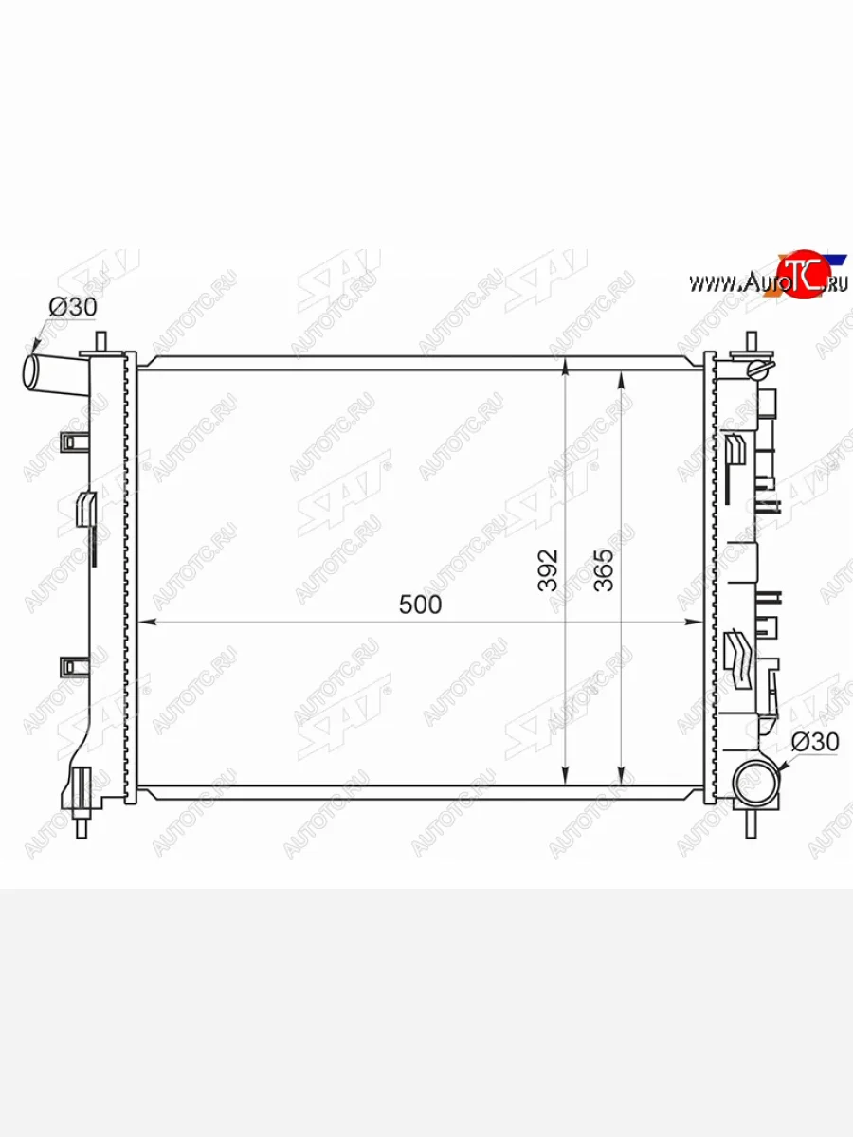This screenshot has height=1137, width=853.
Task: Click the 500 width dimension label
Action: point(420,605)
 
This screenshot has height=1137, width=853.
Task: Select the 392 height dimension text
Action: point(548,569)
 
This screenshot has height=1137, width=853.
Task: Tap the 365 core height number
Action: point(604,569)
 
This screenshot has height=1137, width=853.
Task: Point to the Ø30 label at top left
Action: point(73,307)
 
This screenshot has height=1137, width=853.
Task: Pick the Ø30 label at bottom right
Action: point(815,742)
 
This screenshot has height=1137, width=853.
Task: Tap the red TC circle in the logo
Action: point(802,274)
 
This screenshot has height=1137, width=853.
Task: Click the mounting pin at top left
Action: point(101,342)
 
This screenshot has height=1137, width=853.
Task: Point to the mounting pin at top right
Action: point(751,342)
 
